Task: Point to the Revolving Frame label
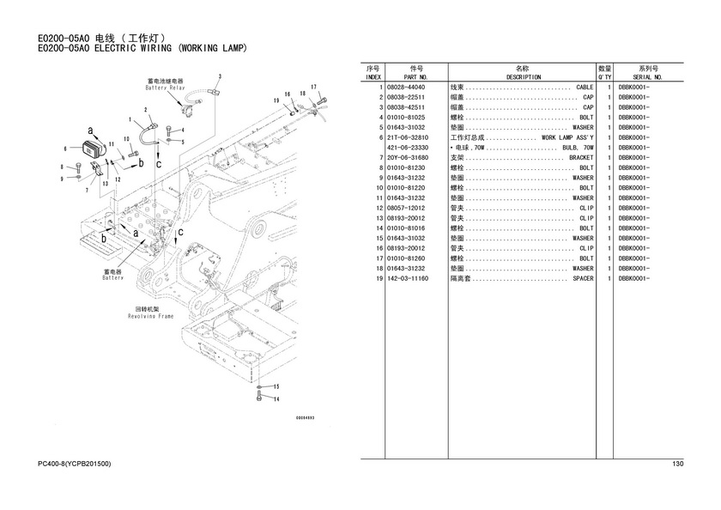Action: click(x=154, y=314)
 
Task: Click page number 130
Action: click(x=677, y=464)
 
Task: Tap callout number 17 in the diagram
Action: click(x=314, y=87)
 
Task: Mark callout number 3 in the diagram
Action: click(x=219, y=76)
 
